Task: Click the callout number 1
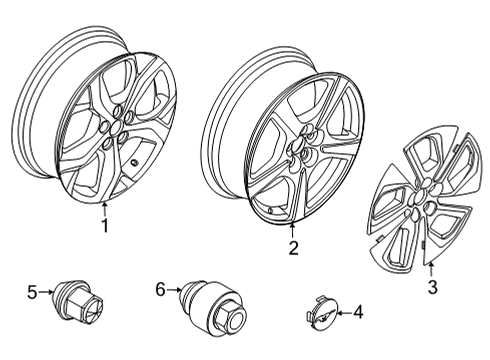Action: (105, 226)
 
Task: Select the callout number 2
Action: (293, 248)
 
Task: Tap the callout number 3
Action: (432, 287)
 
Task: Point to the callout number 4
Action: (358, 312)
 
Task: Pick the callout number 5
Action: (32, 293)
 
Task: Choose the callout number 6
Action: (160, 290)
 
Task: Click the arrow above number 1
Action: (105, 209)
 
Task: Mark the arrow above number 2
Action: (292, 230)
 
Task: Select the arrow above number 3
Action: (431, 270)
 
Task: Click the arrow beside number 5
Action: (46, 292)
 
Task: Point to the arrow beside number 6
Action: (174, 290)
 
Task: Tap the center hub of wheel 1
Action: (116, 127)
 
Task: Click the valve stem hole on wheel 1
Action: (135, 163)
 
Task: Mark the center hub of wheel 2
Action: (297, 145)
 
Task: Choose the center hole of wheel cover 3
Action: (419, 196)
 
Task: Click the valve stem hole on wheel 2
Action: (272, 210)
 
